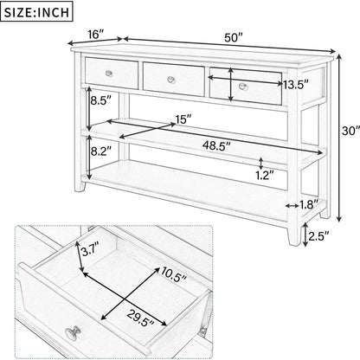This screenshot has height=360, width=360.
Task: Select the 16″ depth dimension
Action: tap(96, 34)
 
